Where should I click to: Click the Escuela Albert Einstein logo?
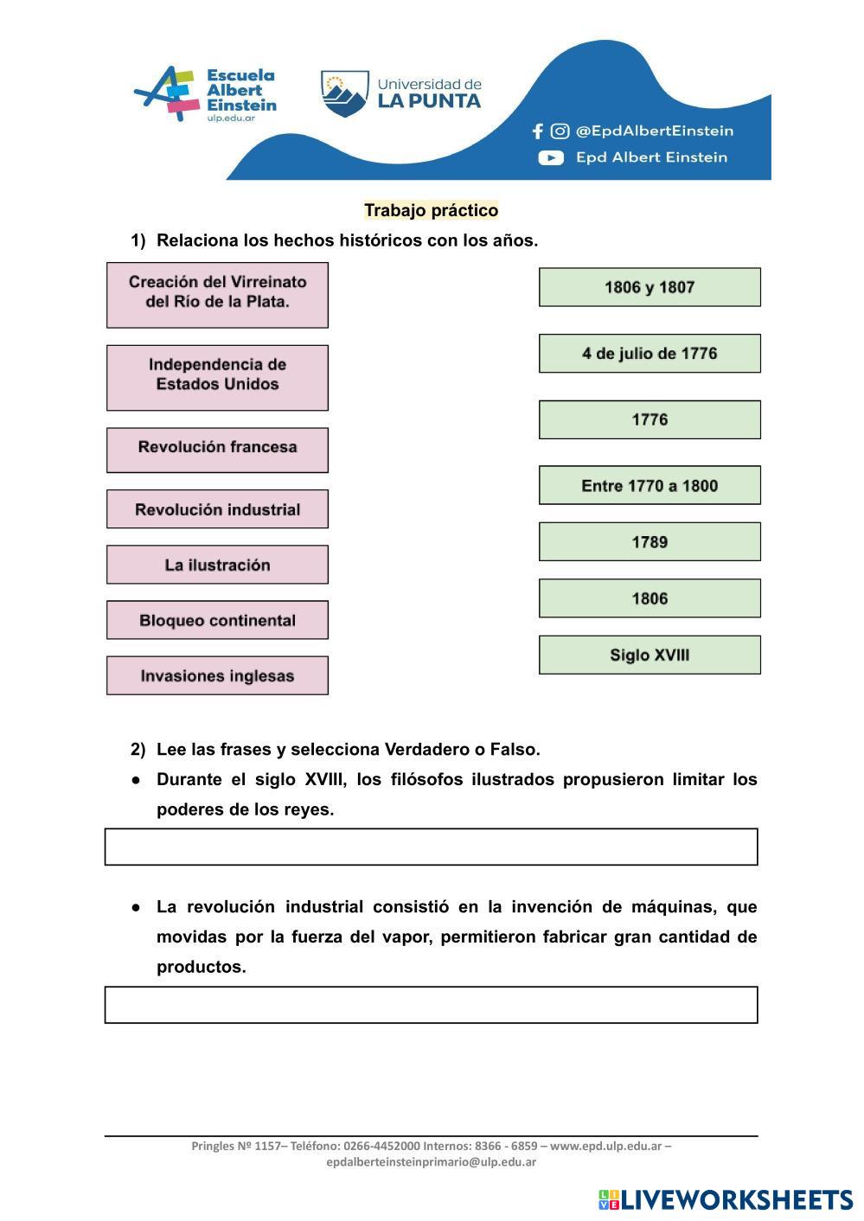pyautogui.click(x=206, y=94)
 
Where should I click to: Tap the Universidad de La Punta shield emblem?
pyautogui.click(x=344, y=93)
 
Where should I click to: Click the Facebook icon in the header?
pyautogui.click(x=538, y=131)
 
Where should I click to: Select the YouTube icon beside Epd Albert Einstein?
pyautogui.click(x=551, y=157)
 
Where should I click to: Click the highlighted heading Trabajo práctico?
pyautogui.click(x=431, y=210)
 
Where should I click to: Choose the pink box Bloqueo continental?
pyautogui.click(x=217, y=620)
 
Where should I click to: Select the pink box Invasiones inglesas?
pyautogui.click(x=217, y=675)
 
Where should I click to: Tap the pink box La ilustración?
pyautogui.click(x=217, y=565)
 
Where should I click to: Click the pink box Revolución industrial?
pyautogui.click(x=217, y=509)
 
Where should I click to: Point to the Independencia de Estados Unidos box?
pyautogui.click(x=217, y=377)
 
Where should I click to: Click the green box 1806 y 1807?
pyautogui.click(x=650, y=287)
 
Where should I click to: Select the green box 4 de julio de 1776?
pyautogui.click(x=650, y=353)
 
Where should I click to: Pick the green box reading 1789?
pyautogui.click(x=650, y=542)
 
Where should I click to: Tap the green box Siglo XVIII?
pyautogui.click(x=650, y=655)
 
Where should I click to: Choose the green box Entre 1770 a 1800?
pyautogui.click(x=650, y=485)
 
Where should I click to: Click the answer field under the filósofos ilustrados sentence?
pyautogui.click(x=431, y=847)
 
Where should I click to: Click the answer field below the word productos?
pyautogui.click(x=431, y=1005)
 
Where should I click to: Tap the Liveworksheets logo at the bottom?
pyautogui.click(x=725, y=1199)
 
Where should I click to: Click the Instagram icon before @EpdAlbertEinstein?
pyautogui.click(x=560, y=131)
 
